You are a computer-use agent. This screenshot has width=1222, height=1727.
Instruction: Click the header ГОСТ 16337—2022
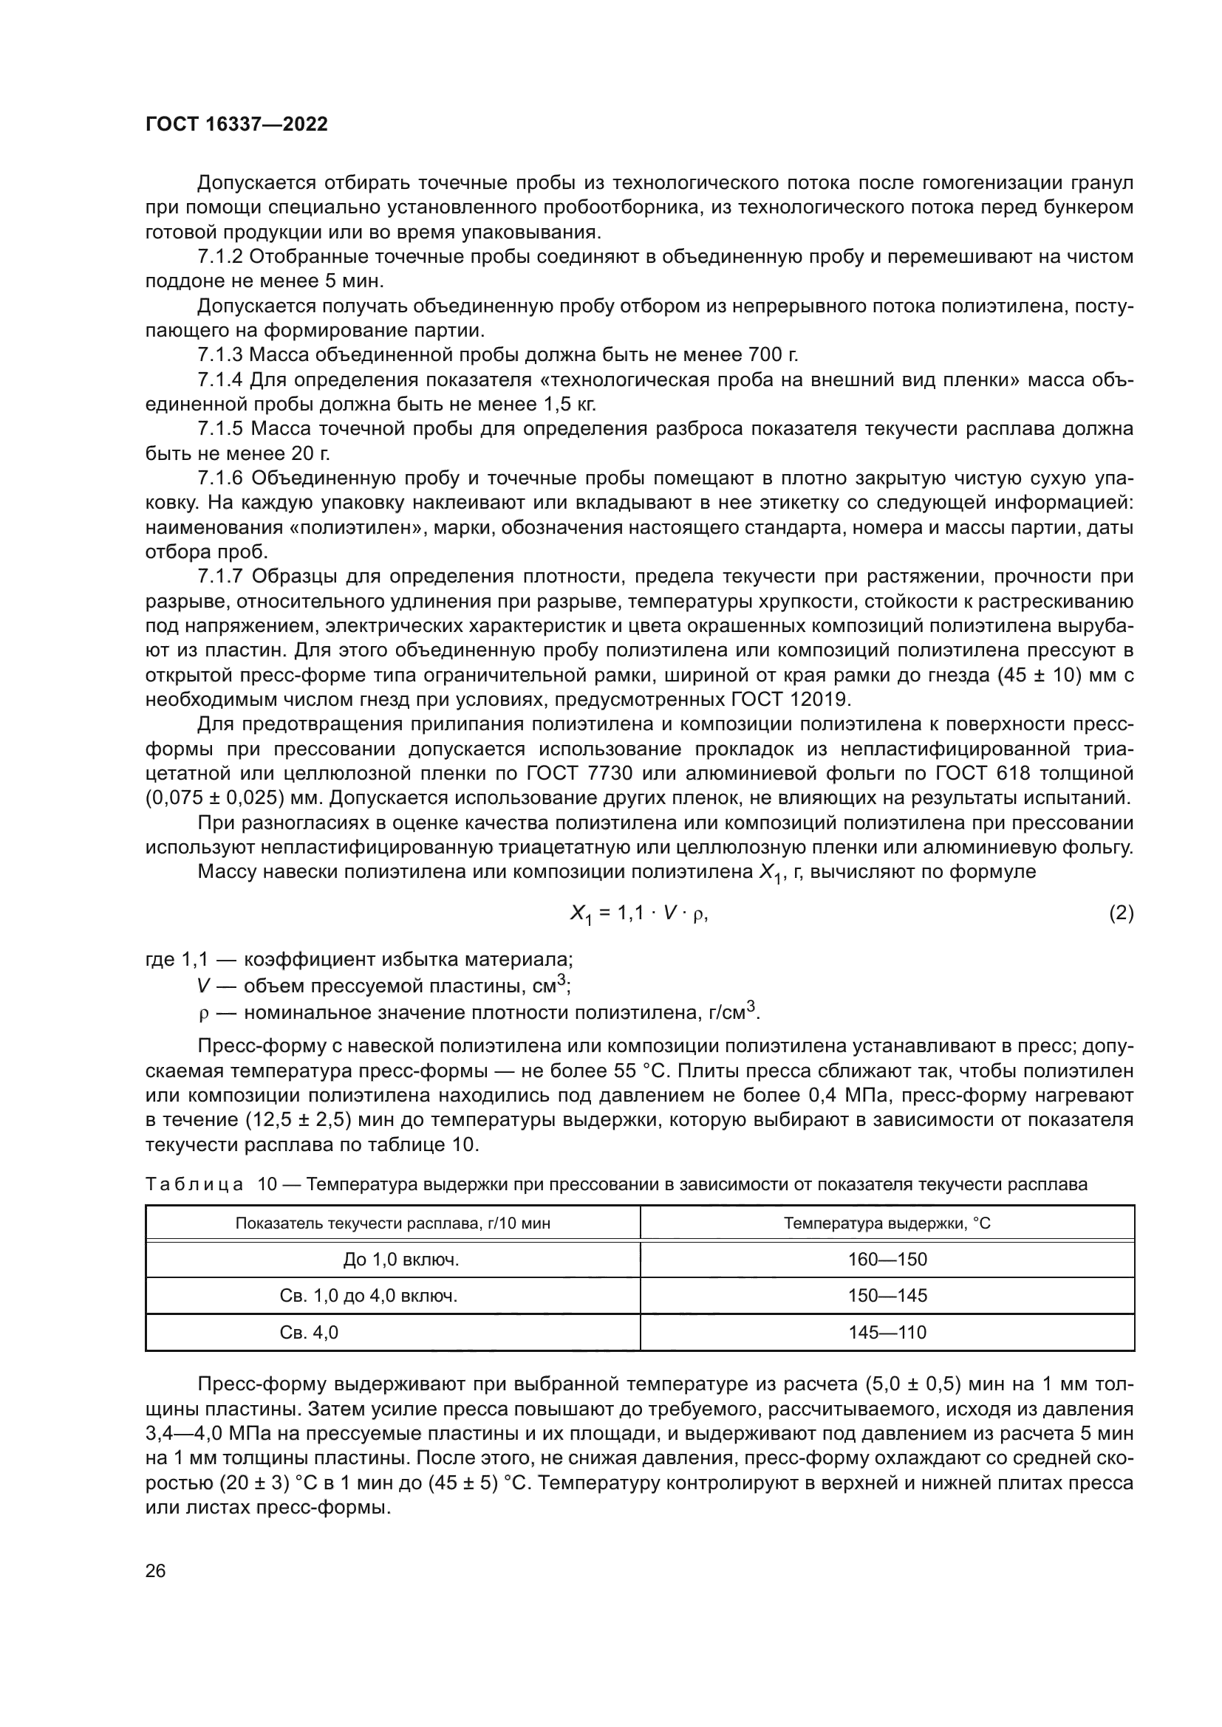click(x=236, y=124)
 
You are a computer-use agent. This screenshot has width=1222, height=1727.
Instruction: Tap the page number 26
click(x=155, y=1570)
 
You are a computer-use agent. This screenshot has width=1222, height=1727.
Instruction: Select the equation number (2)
click(x=1121, y=913)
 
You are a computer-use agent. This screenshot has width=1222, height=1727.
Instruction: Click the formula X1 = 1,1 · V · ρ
click(x=639, y=914)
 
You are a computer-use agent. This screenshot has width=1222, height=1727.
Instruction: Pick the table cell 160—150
click(x=887, y=1259)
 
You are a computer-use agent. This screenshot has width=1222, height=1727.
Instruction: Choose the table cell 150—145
click(x=887, y=1295)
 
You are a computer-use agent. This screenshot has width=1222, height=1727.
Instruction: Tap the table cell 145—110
click(x=887, y=1332)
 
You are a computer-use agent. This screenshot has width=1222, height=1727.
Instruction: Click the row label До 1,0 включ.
click(x=401, y=1259)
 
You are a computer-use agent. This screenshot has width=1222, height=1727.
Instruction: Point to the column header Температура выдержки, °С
click(x=887, y=1223)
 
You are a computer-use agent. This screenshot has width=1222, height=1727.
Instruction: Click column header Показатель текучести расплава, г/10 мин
click(x=393, y=1223)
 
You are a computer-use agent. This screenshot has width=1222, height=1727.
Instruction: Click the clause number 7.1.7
click(x=220, y=577)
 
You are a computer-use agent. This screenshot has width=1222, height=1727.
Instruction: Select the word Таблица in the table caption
click(x=195, y=1184)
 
